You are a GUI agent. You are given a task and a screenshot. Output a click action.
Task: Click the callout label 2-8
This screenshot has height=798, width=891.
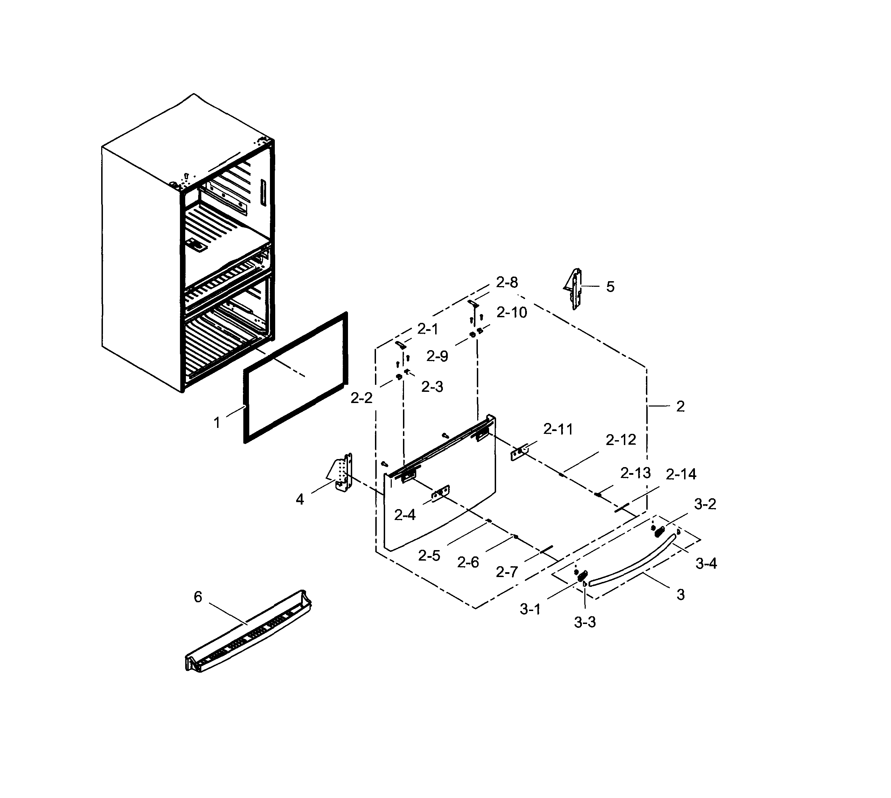pyautogui.click(x=507, y=282)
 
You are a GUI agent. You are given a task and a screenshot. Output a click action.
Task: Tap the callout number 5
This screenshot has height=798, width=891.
pyautogui.click(x=610, y=287)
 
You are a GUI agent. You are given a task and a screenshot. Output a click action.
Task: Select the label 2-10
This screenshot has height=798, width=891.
pyautogui.click(x=512, y=313)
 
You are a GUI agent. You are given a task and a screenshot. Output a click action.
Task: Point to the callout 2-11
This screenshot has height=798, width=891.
pyautogui.click(x=558, y=429)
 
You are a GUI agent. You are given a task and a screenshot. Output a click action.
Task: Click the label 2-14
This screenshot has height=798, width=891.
pyautogui.click(x=681, y=474)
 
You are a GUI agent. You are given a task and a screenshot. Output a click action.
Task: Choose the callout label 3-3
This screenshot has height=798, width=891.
pyautogui.click(x=585, y=622)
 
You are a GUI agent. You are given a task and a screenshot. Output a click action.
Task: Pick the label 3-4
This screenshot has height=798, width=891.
pyautogui.click(x=706, y=563)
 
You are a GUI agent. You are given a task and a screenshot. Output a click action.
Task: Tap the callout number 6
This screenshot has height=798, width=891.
pyautogui.click(x=198, y=597)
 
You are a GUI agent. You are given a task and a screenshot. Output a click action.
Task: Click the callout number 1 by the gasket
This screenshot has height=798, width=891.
pyautogui.click(x=217, y=423)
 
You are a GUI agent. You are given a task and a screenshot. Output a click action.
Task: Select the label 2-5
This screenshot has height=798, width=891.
pyautogui.click(x=429, y=556)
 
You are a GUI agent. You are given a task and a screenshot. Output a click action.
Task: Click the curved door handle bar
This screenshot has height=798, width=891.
pyautogui.click(x=632, y=562)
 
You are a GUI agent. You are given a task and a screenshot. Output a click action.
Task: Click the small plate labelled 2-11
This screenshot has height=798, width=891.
pyautogui.click(x=520, y=452)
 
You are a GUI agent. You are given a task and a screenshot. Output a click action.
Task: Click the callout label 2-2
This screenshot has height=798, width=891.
pyautogui.click(x=361, y=398)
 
